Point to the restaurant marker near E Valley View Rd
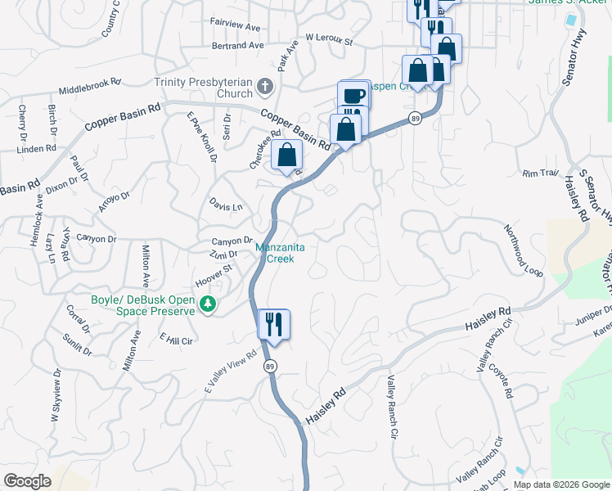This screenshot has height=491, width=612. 274,324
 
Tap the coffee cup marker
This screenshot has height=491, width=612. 353,95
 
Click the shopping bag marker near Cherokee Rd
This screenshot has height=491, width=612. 286,155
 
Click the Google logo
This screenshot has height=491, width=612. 28,480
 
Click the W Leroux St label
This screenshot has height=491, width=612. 328,38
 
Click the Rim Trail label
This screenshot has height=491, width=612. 541,173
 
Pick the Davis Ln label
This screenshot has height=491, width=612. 226,206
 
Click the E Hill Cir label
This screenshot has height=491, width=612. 176,340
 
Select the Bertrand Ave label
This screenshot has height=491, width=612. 237,46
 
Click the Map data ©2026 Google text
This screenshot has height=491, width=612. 561,484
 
